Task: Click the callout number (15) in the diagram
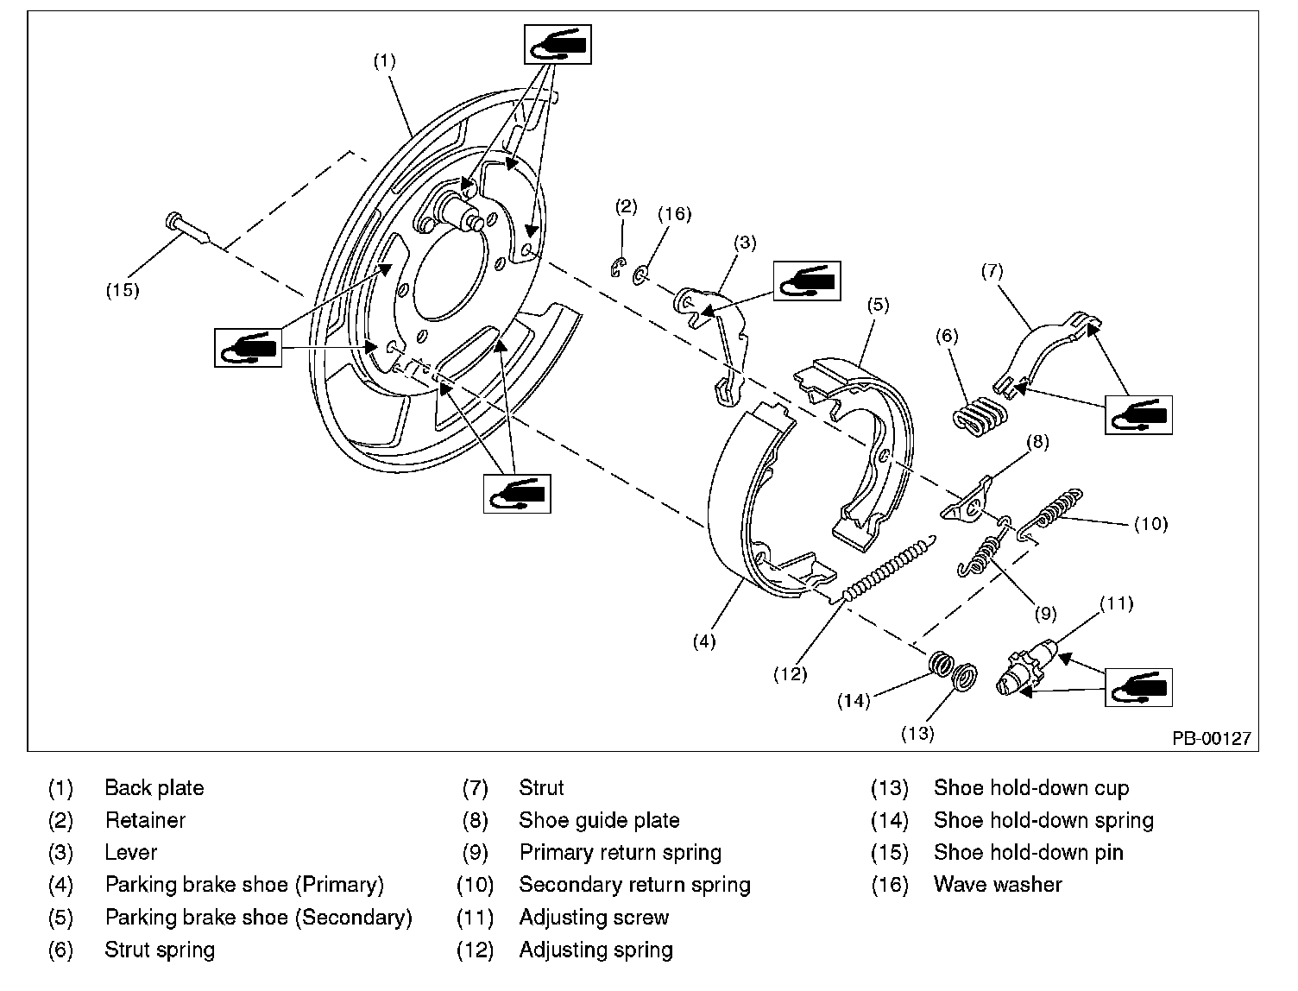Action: tap(123, 290)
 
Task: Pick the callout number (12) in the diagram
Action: tap(790, 674)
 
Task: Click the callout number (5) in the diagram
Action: tap(879, 304)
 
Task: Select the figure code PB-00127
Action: tap(1210, 739)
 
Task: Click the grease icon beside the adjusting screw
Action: tap(1138, 687)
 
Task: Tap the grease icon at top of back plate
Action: tap(558, 44)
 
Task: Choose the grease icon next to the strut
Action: tap(1138, 414)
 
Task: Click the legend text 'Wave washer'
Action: tap(998, 885)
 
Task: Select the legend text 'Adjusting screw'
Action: tap(594, 918)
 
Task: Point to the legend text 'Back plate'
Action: tap(154, 788)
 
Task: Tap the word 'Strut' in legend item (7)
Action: tap(541, 788)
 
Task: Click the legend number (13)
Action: tap(889, 788)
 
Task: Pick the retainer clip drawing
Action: tap(616, 268)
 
